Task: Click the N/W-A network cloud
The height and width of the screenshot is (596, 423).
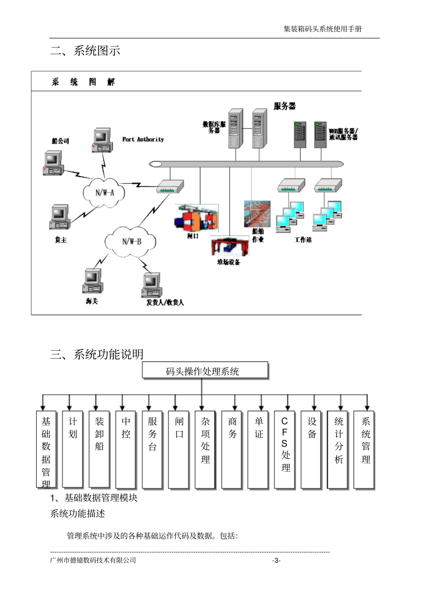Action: click(x=105, y=192)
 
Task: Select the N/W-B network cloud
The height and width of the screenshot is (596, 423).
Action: click(x=131, y=241)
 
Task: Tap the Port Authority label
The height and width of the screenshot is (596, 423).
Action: click(x=143, y=139)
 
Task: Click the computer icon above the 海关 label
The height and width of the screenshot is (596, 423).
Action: click(x=93, y=281)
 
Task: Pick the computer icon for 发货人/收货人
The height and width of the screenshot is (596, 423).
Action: click(x=152, y=285)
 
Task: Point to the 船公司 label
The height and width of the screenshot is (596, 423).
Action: click(x=60, y=141)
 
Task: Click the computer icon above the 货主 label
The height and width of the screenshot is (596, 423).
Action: click(x=60, y=217)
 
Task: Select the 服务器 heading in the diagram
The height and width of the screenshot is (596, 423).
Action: click(x=285, y=106)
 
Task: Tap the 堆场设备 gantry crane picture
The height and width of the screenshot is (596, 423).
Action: click(x=230, y=247)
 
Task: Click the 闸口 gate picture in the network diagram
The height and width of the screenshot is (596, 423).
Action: click(x=196, y=218)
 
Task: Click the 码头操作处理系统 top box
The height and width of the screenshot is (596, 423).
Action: click(x=205, y=371)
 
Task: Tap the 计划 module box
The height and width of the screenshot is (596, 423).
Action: click(x=73, y=449)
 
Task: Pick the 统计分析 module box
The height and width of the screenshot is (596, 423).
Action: click(x=339, y=449)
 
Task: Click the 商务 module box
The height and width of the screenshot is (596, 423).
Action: click(x=232, y=449)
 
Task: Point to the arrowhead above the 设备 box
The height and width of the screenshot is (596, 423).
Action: click(x=314, y=407)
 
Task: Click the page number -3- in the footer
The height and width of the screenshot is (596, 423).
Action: click(x=276, y=560)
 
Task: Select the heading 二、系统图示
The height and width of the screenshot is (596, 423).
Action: click(x=85, y=51)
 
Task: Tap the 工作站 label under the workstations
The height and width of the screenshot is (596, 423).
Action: click(x=303, y=240)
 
